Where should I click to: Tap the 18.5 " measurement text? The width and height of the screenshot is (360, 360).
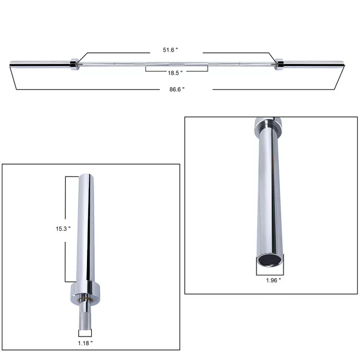(174, 72)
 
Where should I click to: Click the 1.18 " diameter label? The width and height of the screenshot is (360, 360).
(84, 342)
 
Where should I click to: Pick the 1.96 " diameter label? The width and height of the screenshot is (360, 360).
(272, 281)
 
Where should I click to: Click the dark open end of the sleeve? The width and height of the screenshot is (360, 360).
(268, 261)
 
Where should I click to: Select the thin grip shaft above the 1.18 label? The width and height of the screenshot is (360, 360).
(84, 321)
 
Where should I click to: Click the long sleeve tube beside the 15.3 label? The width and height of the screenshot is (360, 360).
(84, 229)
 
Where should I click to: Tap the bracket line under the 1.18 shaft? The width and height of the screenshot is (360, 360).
(84, 336)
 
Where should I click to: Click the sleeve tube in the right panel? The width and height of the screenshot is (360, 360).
(268, 194)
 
